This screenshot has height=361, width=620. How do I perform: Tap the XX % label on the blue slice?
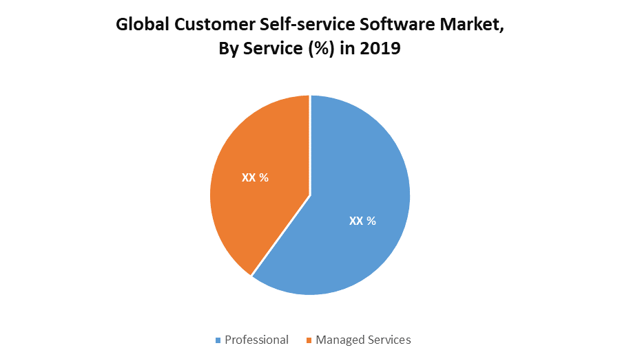tap(362, 221)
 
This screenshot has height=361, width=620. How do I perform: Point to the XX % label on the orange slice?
tap(255, 177)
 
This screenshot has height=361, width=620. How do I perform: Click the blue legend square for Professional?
tap(218, 340)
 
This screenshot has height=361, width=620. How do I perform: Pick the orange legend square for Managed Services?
tap(309, 340)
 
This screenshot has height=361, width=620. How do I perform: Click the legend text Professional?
tap(256, 340)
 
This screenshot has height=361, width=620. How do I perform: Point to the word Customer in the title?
tap(209, 25)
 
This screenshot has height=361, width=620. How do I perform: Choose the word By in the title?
tap(228, 50)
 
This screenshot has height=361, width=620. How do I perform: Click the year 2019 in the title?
tap(381, 50)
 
